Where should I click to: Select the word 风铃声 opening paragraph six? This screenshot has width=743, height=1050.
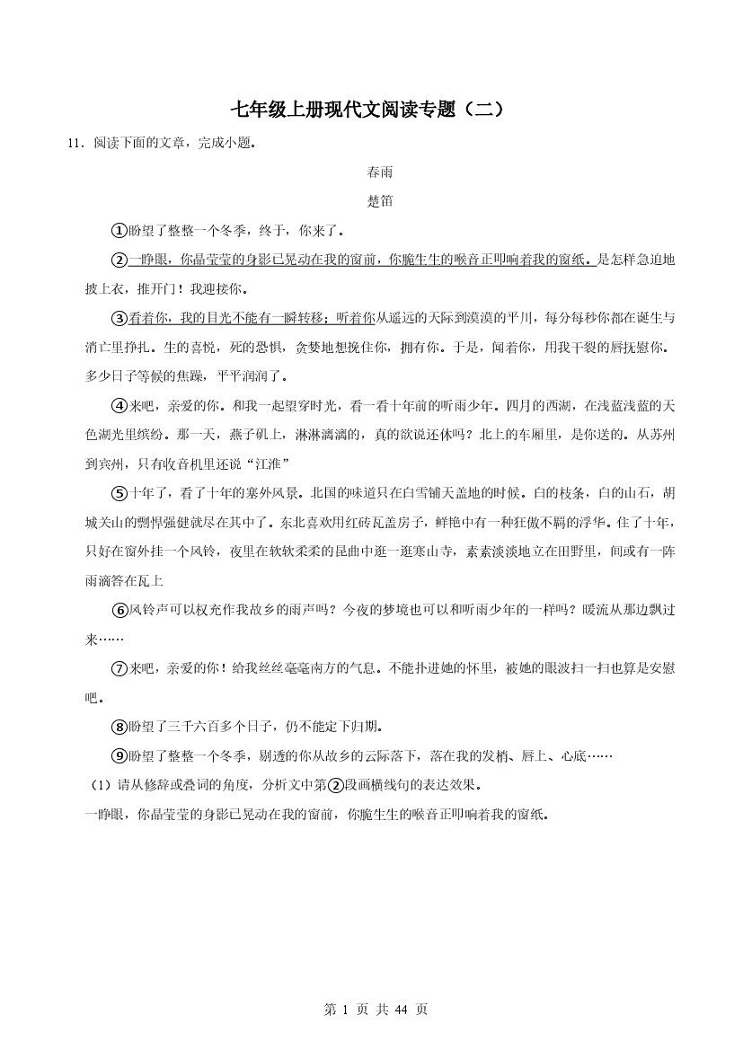click(151, 610)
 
